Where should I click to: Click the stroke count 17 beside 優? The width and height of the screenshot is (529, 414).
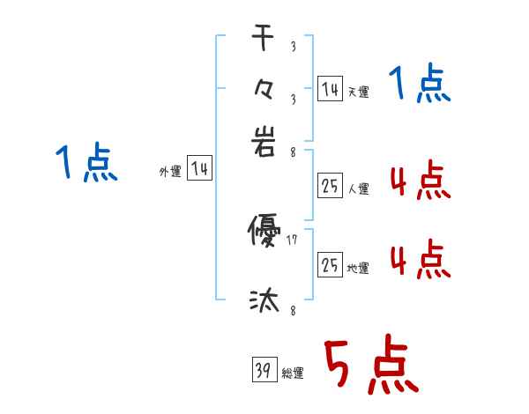pos(293,240)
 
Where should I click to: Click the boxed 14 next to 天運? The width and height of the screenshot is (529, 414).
pos(330,89)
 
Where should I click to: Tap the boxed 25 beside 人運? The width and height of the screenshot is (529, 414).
pos(330,185)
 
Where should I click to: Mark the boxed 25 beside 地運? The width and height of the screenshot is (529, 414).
pos(330,265)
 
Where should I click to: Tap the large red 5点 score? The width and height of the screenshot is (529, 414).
pos(369,366)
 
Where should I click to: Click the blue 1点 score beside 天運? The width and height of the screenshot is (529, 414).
pos(420,86)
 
